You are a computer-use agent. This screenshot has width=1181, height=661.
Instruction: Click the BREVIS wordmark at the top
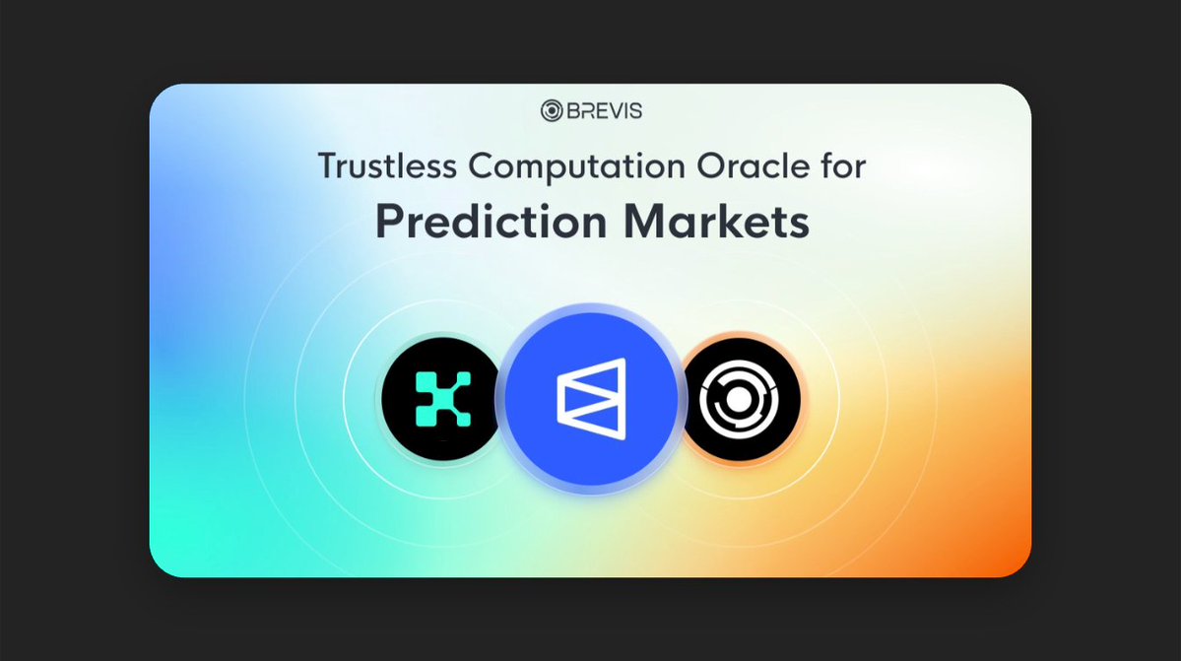(602, 111)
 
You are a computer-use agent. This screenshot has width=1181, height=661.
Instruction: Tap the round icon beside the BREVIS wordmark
(551, 111)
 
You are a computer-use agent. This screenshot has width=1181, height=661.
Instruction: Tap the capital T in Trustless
(326, 166)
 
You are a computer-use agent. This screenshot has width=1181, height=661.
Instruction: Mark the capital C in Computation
(480, 166)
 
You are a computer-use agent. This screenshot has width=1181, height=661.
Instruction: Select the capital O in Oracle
(695, 166)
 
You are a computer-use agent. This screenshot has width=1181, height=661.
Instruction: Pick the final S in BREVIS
(635, 111)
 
